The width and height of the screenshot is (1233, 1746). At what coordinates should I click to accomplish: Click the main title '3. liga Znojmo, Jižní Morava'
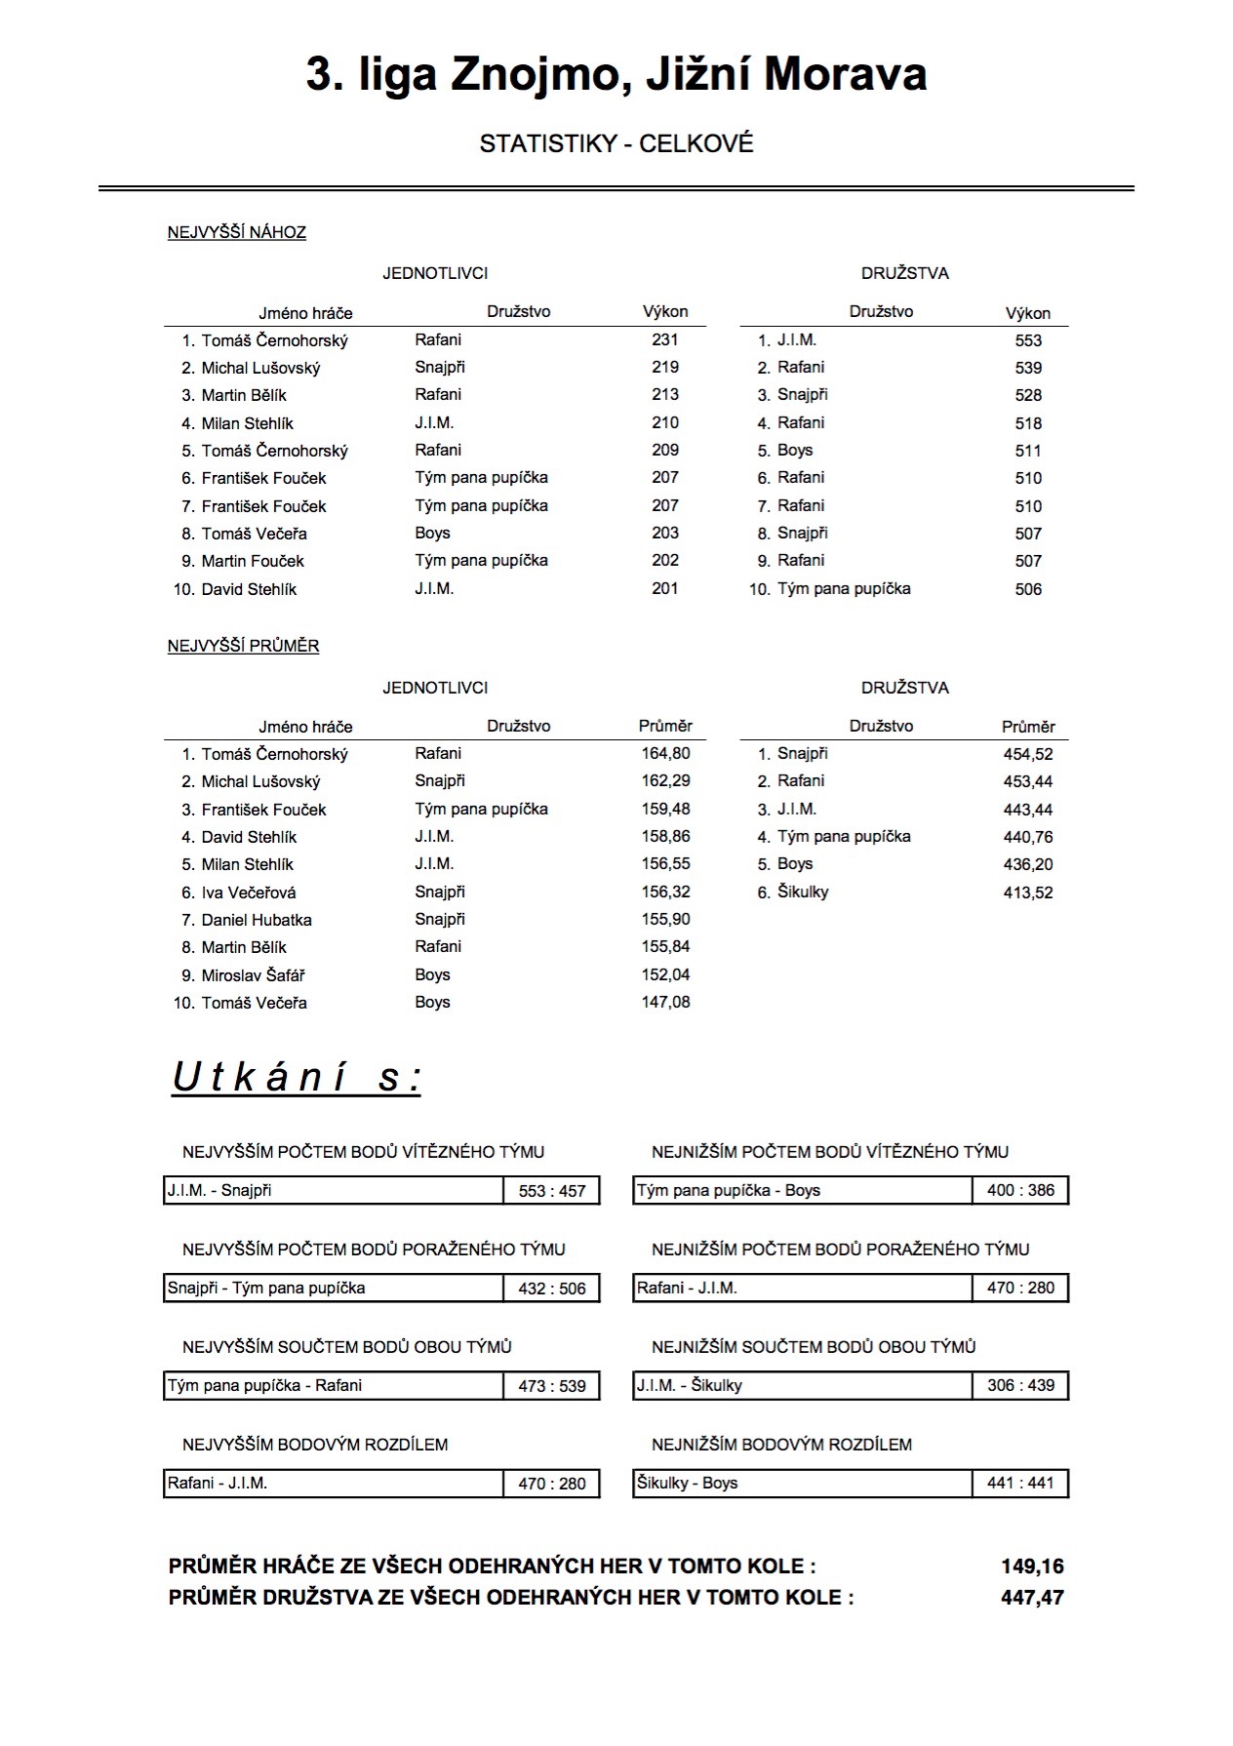coord(616,75)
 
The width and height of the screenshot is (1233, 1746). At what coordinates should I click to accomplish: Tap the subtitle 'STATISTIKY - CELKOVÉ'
coord(616,143)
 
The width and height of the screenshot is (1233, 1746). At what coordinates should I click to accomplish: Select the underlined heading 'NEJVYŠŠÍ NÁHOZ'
coord(237,232)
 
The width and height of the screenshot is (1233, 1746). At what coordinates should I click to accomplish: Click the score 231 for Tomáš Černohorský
coord(664,339)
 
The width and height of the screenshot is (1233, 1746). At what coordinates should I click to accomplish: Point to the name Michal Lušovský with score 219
coord(260,368)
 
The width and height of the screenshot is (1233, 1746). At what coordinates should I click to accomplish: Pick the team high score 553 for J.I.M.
coord(1027,340)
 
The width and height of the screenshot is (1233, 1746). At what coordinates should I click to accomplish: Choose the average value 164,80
coord(665,753)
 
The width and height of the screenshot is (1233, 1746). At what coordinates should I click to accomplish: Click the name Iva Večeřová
coord(249,893)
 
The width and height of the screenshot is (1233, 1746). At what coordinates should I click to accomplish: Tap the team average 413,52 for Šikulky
coord(1027,893)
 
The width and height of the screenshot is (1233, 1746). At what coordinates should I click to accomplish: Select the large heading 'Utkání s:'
coord(297,1078)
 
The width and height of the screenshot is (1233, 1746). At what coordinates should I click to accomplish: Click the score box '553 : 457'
coord(552,1191)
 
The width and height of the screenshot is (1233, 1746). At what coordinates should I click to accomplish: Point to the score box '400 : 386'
coord(1020,1190)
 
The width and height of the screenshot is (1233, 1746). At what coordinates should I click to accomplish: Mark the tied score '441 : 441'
coord(1020,1483)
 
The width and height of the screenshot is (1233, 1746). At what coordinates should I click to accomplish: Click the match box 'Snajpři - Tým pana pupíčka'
coord(333,1288)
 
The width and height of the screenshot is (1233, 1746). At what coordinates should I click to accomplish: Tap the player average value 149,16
coord(1032,1567)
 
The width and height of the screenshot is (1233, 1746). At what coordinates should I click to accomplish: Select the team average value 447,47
coord(1032,1598)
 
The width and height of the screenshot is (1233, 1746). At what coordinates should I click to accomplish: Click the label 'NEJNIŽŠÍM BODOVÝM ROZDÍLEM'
coord(781,1445)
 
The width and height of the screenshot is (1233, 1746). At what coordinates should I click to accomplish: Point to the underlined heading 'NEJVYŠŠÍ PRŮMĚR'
coord(243,646)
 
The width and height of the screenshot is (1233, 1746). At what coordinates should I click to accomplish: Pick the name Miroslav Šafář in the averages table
coord(254,975)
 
